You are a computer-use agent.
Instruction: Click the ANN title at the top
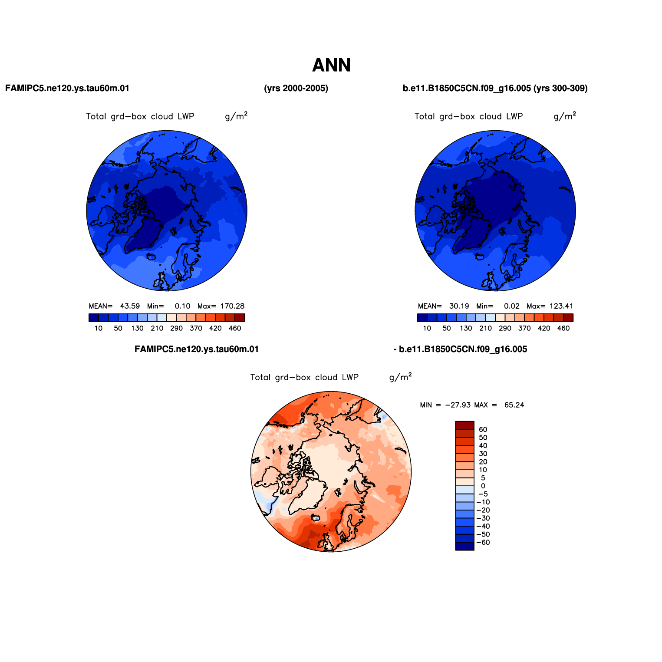click(331, 66)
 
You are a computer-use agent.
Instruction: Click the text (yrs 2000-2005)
click(296, 89)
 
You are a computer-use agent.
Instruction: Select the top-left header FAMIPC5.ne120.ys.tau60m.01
click(67, 89)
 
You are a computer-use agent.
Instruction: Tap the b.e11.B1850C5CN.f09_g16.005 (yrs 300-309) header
click(495, 89)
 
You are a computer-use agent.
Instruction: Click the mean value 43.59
click(130, 306)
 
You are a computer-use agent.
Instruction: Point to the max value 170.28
click(233, 306)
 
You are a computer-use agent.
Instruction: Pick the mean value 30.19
click(459, 306)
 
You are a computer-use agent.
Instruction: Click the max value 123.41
click(561, 306)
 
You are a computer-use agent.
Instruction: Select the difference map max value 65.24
click(514, 405)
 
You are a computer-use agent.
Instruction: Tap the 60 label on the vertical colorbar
click(483, 430)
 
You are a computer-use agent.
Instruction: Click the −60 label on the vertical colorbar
click(483, 543)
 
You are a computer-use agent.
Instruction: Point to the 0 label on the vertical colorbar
click(483, 486)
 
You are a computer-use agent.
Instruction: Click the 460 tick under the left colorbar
click(235, 329)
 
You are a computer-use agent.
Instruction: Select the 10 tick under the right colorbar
click(427, 329)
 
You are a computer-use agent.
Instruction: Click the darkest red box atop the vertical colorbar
click(465, 425)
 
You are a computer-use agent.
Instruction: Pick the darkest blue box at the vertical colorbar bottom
click(465, 546)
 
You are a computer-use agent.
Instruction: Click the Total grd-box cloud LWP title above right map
click(469, 116)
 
